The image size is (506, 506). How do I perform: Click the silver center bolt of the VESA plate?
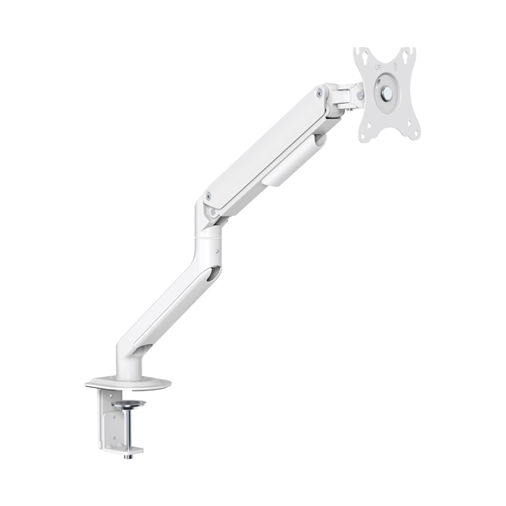pyautogui.click(x=385, y=94)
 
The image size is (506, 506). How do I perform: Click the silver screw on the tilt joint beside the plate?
pyautogui.click(x=359, y=95)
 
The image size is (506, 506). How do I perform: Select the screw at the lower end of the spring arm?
pyautogui.click(x=207, y=196)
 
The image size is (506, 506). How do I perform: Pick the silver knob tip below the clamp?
pyautogui.click(x=127, y=456)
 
